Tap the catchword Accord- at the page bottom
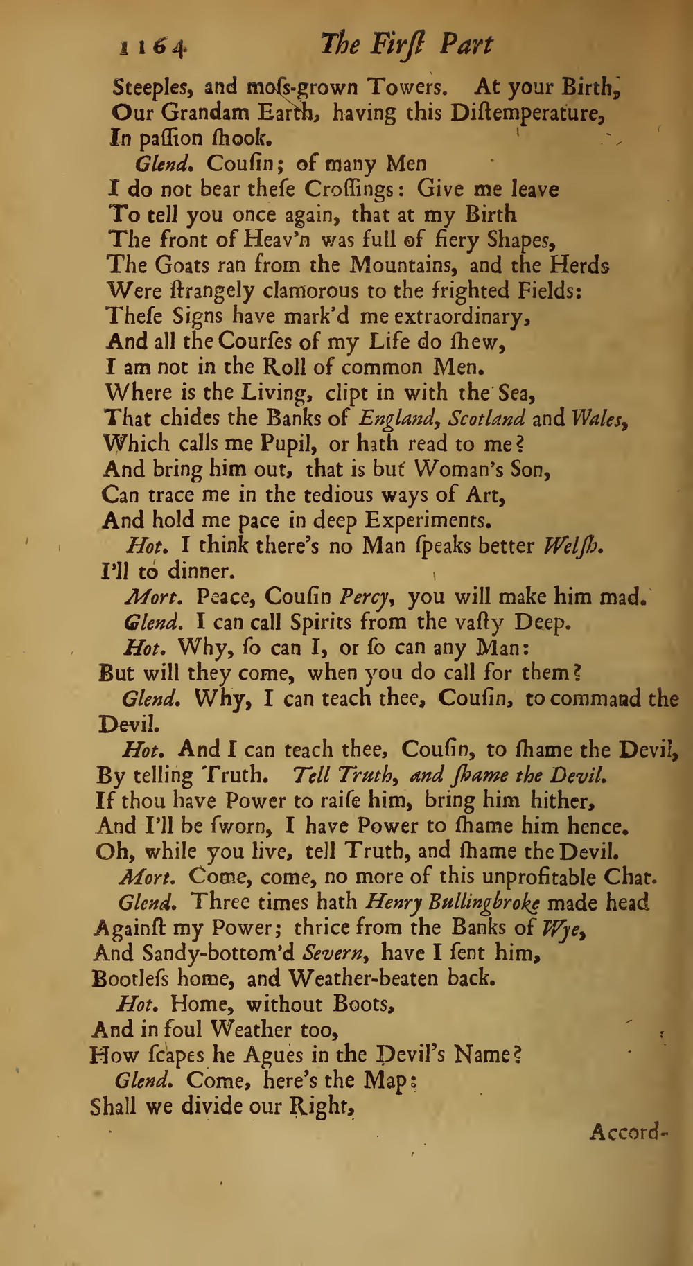[628, 1132]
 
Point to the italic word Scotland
[486, 419]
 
